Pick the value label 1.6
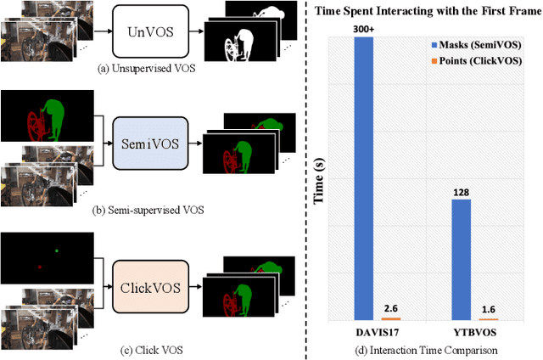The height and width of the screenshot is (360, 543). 488,311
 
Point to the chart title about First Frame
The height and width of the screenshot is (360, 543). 423,12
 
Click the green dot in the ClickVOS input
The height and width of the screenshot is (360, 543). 56,250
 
